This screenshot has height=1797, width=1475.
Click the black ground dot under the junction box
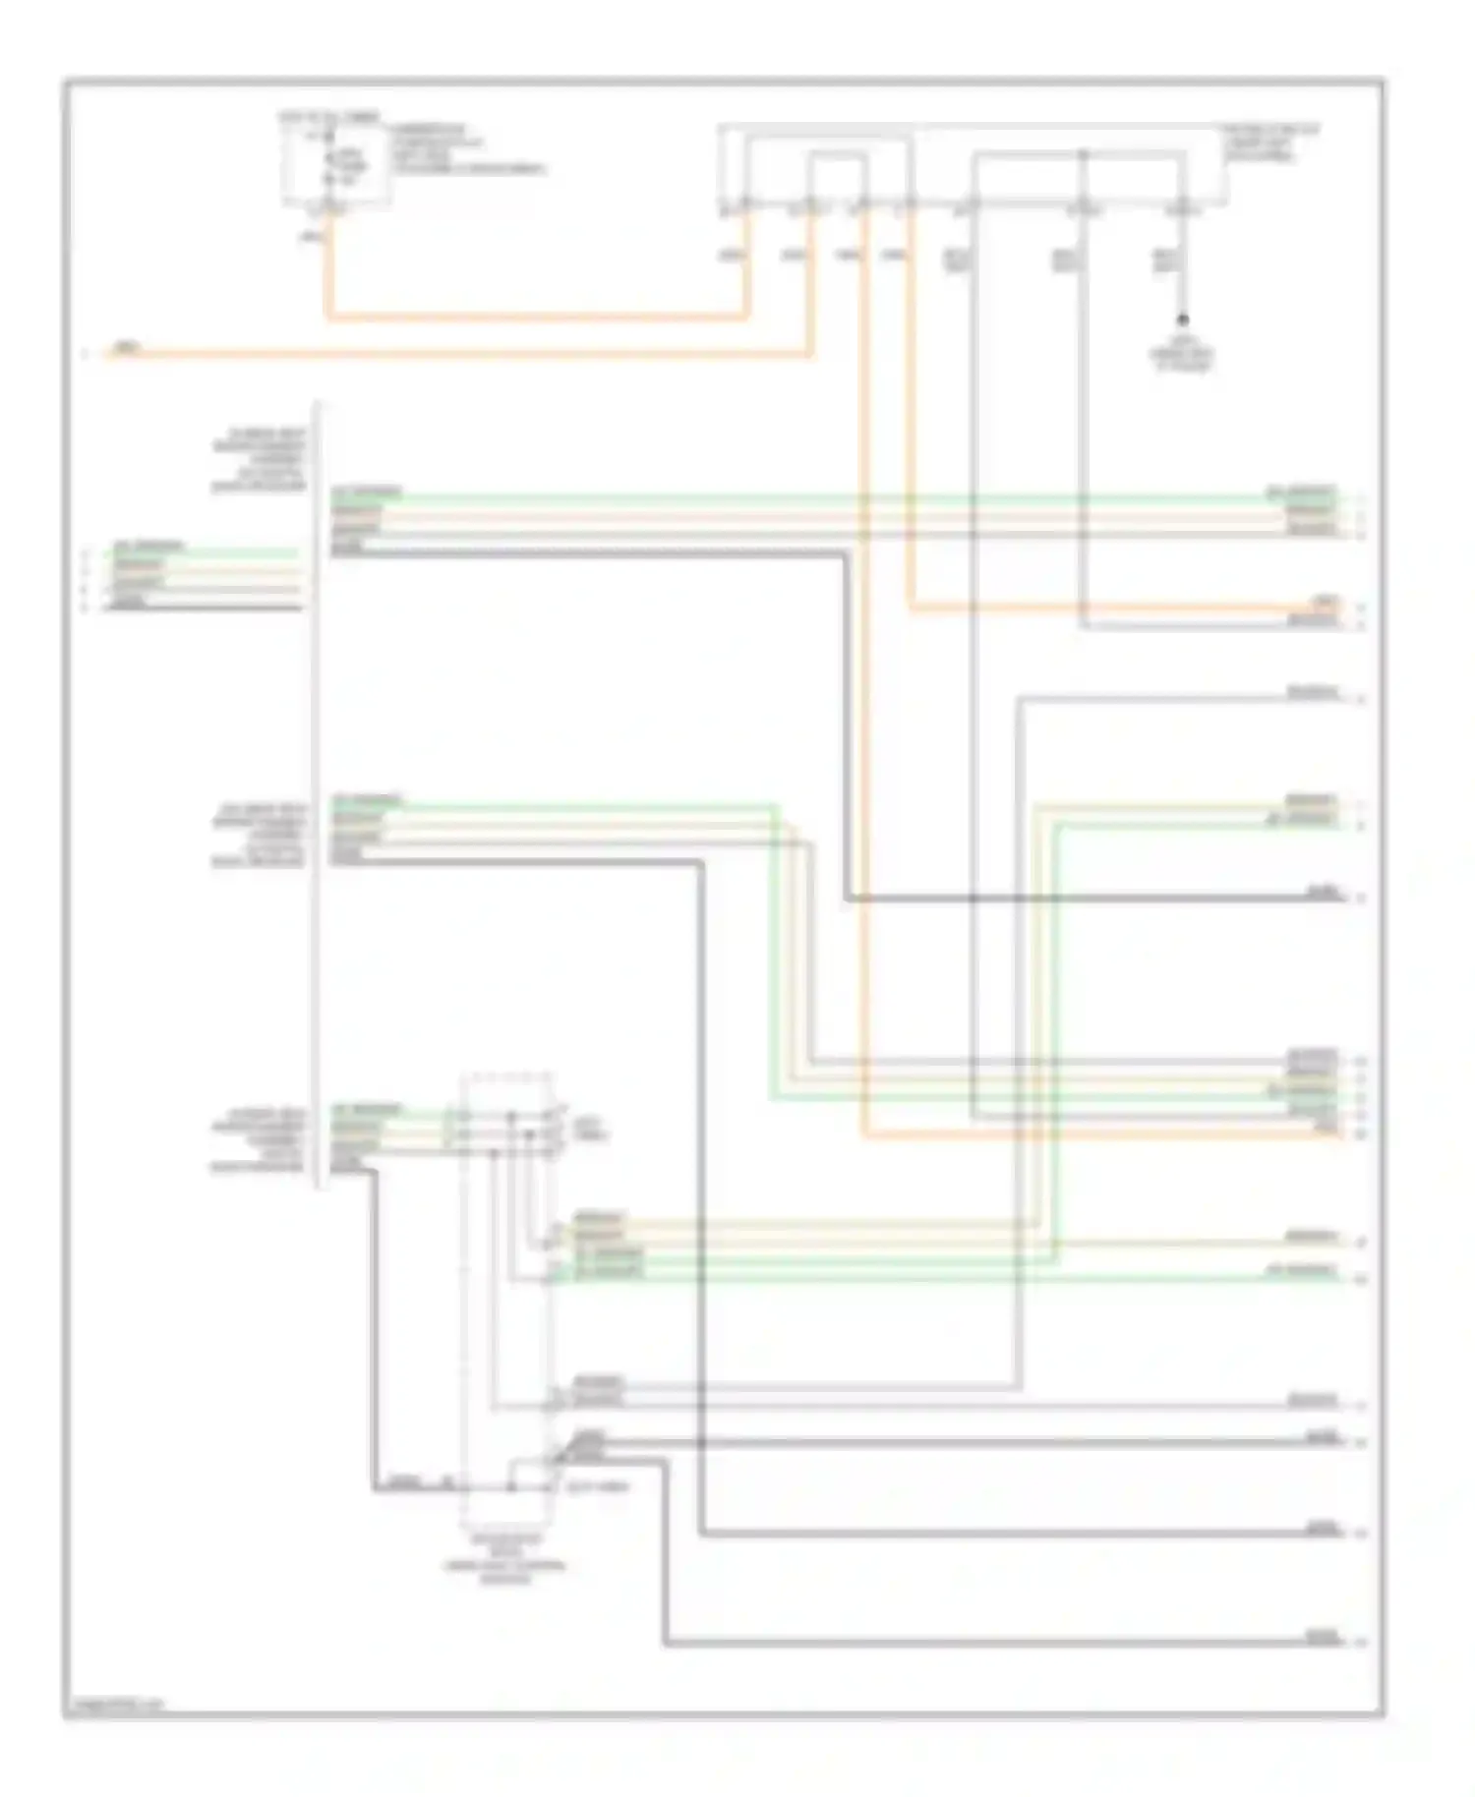tap(1183, 319)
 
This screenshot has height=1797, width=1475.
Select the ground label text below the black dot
tap(1183, 357)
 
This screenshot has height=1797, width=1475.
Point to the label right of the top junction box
tap(1269, 144)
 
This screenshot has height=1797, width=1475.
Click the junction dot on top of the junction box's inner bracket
tap(1082, 154)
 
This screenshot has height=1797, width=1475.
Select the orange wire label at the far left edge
tap(126, 347)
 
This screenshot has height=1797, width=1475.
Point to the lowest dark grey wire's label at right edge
tap(1321, 1637)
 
